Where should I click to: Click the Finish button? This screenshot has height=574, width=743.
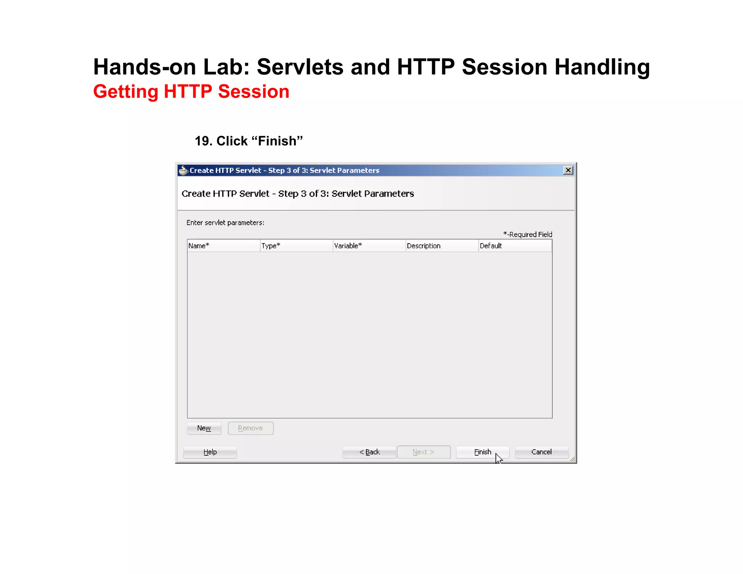(x=482, y=452)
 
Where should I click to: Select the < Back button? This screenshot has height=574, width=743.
(x=369, y=452)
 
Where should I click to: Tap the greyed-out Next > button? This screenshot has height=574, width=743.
(x=423, y=452)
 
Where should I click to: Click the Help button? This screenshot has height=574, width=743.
(x=210, y=452)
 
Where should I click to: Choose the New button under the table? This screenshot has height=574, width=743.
(x=204, y=428)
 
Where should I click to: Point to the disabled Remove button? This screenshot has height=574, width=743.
(x=250, y=428)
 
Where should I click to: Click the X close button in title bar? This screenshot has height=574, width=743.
(x=568, y=170)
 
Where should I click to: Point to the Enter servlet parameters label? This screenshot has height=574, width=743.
(x=225, y=223)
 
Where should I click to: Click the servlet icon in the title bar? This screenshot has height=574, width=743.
(x=184, y=170)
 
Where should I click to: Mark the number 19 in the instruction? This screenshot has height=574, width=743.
(x=203, y=141)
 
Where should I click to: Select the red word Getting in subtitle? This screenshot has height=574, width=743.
(x=126, y=91)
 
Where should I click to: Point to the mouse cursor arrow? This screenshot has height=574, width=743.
(x=498, y=458)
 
